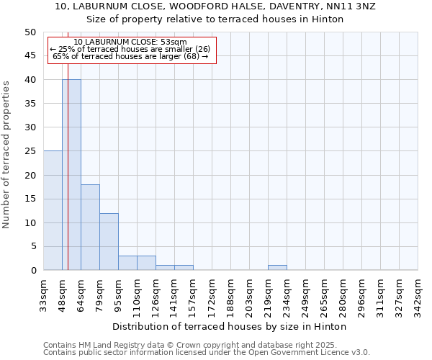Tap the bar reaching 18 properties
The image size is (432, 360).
[x=90, y=227]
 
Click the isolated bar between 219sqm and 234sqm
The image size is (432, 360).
[x=277, y=267]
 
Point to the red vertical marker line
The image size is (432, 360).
[x=68, y=180]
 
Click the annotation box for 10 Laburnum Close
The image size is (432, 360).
[x=132, y=50]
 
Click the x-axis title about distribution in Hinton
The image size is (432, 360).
[x=230, y=327]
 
